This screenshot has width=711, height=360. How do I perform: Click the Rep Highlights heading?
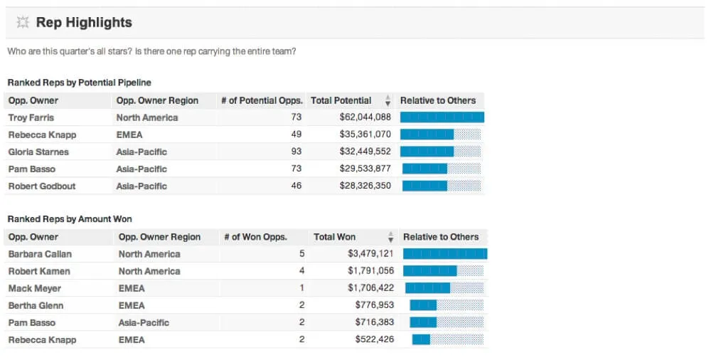[x=84, y=23]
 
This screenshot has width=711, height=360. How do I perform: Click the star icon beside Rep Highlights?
[x=23, y=23]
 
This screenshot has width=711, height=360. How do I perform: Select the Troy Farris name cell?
[x=31, y=117]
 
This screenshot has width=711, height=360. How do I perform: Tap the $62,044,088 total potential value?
[x=365, y=117]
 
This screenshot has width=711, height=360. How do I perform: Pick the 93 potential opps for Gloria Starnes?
[x=296, y=152]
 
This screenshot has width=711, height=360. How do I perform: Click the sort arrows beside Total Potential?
[x=387, y=101]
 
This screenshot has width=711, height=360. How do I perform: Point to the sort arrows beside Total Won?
[x=390, y=238]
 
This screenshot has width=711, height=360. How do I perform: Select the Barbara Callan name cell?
[x=40, y=254]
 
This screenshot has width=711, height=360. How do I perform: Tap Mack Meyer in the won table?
[x=34, y=288]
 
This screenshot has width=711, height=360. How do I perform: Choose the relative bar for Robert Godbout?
[x=442, y=186]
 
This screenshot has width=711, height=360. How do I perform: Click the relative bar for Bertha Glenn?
[x=447, y=305]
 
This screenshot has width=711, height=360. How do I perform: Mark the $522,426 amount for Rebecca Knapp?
[x=374, y=339]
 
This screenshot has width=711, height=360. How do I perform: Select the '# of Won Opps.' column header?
[x=255, y=237]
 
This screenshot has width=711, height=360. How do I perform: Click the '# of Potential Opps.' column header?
[x=261, y=100]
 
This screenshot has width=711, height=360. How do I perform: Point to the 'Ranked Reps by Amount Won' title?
[x=70, y=219]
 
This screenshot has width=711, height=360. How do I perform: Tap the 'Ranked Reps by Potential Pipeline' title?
[x=79, y=83]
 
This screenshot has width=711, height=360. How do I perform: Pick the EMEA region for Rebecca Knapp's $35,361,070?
[x=129, y=134]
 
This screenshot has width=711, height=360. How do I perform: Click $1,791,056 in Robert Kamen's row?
[x=370, y=271]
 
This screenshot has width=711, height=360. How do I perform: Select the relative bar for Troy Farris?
[x=442, y=117]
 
